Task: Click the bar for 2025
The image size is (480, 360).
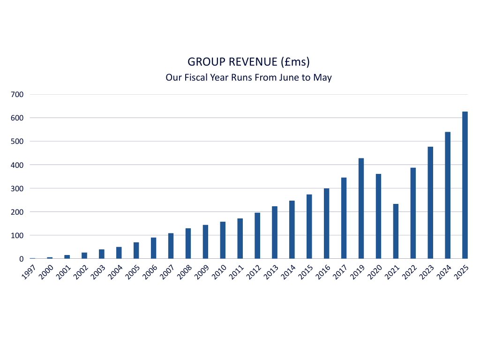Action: click(465, 185)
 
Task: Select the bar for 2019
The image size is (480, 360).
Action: click(361, 209)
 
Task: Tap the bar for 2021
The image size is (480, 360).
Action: click(396, 231)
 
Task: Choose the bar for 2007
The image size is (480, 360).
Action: click(171, 246)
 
